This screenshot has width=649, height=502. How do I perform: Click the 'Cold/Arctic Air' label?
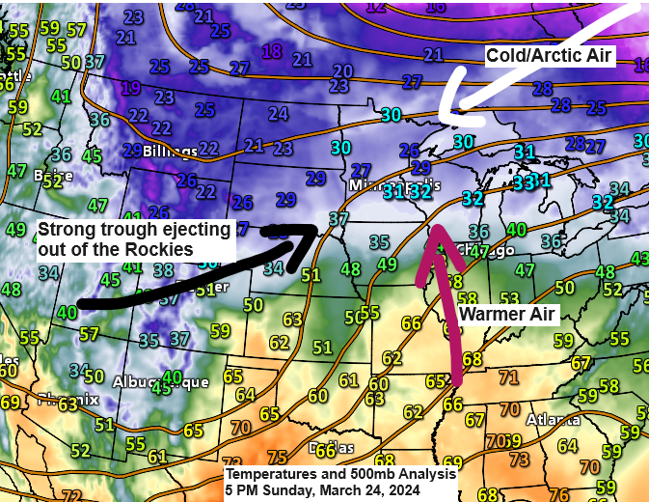coord(549,56)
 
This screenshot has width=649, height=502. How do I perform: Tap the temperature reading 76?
coord(557,494)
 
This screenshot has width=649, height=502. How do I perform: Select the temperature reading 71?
coord(508,376)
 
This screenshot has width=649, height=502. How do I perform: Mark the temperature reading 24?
coord(279,114)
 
